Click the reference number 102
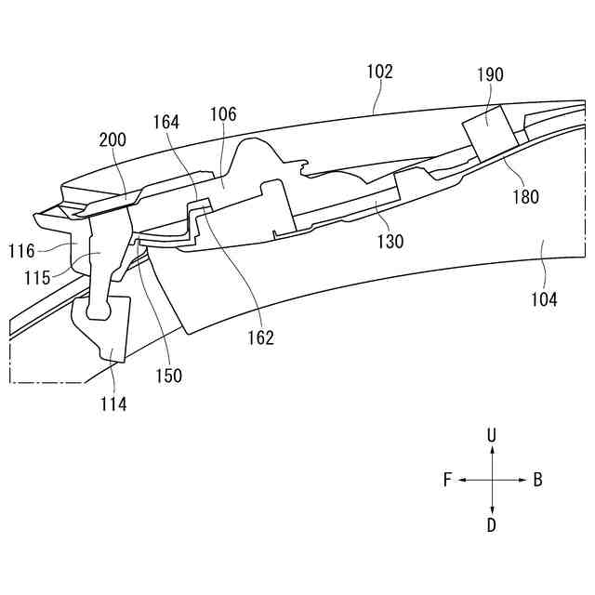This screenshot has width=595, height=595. point(380,72)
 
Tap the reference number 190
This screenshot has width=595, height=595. point(490,73)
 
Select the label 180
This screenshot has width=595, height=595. point(523,196)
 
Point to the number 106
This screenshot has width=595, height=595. point(223,114)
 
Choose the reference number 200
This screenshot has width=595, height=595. point(112,140)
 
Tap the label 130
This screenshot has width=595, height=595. point(390,242)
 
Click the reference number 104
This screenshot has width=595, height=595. point(544,299)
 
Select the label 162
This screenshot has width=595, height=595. point(261,338)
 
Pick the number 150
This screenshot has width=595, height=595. point(169,376)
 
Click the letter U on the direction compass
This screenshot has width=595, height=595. point(492,435)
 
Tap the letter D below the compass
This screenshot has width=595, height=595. point(492,525)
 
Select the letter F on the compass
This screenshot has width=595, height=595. point(447,481)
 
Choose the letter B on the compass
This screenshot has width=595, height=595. point(537,481)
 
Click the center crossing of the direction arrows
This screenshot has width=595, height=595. point(492,481)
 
